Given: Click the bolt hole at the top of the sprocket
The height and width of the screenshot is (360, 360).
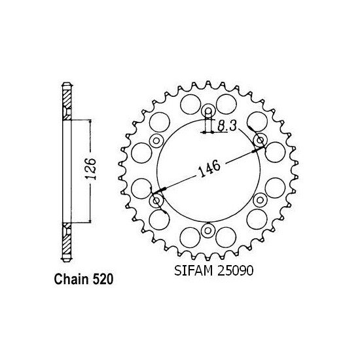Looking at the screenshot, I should click(x=208, y=111).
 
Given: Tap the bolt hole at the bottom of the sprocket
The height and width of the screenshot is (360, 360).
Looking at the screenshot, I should click(x=208, y=229).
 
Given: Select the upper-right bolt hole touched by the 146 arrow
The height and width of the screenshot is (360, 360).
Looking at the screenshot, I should click(x=260, y=140).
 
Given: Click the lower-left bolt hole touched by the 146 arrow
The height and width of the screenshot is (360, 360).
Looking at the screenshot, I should click(x=156, y=200).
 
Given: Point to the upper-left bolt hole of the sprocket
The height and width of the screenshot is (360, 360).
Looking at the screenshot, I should click(x=156, y=140).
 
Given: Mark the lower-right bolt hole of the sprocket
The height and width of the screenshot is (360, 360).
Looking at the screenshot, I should click(x=260, y=200).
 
